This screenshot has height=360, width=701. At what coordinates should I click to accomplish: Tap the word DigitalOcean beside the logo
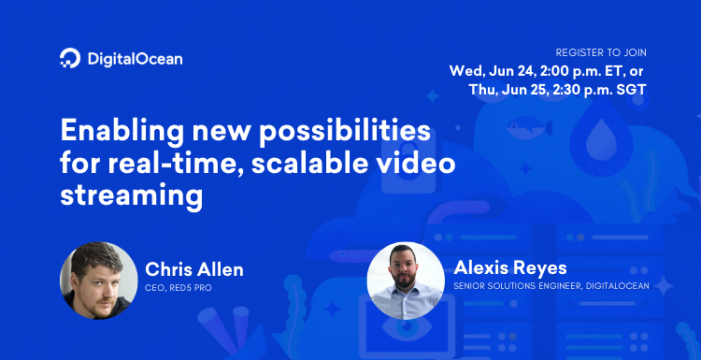(135, 59)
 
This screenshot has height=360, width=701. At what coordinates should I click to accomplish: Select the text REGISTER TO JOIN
(601, 52)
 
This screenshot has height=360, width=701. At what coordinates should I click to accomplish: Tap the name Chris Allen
(193, 270)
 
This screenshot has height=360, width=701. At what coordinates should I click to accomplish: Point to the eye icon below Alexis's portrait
(407, 332)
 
